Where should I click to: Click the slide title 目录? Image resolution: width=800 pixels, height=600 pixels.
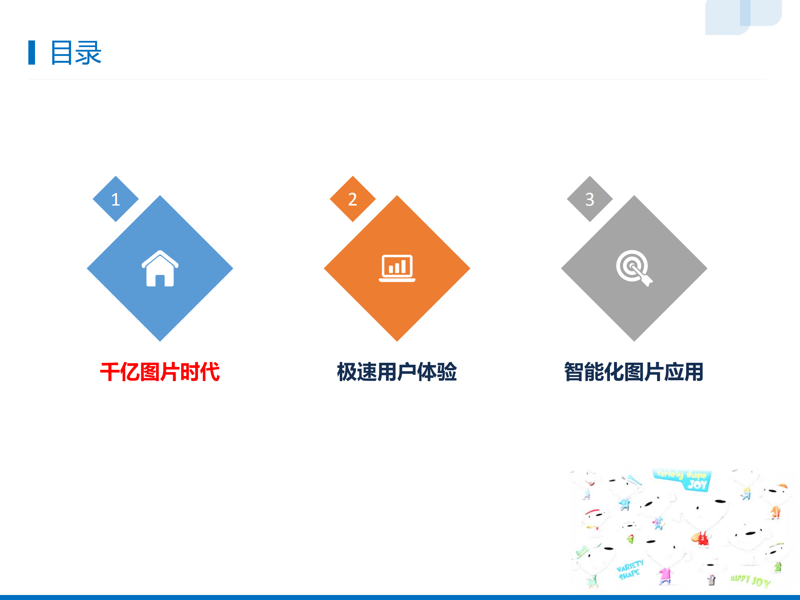coord(76,53)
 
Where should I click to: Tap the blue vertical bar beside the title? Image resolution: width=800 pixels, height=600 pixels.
coord(32,53)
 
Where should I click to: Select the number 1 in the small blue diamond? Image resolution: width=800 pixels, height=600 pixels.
coord(115,199)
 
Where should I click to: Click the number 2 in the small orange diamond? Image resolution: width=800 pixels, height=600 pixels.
coord(353,199)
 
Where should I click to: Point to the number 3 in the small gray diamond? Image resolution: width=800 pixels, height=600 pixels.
coord(589,199)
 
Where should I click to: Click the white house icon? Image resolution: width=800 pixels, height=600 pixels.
coord(160,269)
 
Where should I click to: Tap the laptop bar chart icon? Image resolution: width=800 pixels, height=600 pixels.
coord(397,268)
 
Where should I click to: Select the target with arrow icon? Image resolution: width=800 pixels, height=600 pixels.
coord(634,268)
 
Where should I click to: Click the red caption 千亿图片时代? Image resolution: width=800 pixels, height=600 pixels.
coord(160,372)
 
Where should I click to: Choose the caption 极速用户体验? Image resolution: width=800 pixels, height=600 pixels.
coord(397,372)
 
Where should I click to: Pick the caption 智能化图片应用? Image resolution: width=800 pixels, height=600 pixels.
coord(634,372)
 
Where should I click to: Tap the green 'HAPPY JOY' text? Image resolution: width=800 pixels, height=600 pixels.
coord(750,580)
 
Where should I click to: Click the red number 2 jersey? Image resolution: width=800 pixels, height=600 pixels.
coord(702,539)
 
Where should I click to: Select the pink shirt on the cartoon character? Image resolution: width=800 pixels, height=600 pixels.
coord(665,575)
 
